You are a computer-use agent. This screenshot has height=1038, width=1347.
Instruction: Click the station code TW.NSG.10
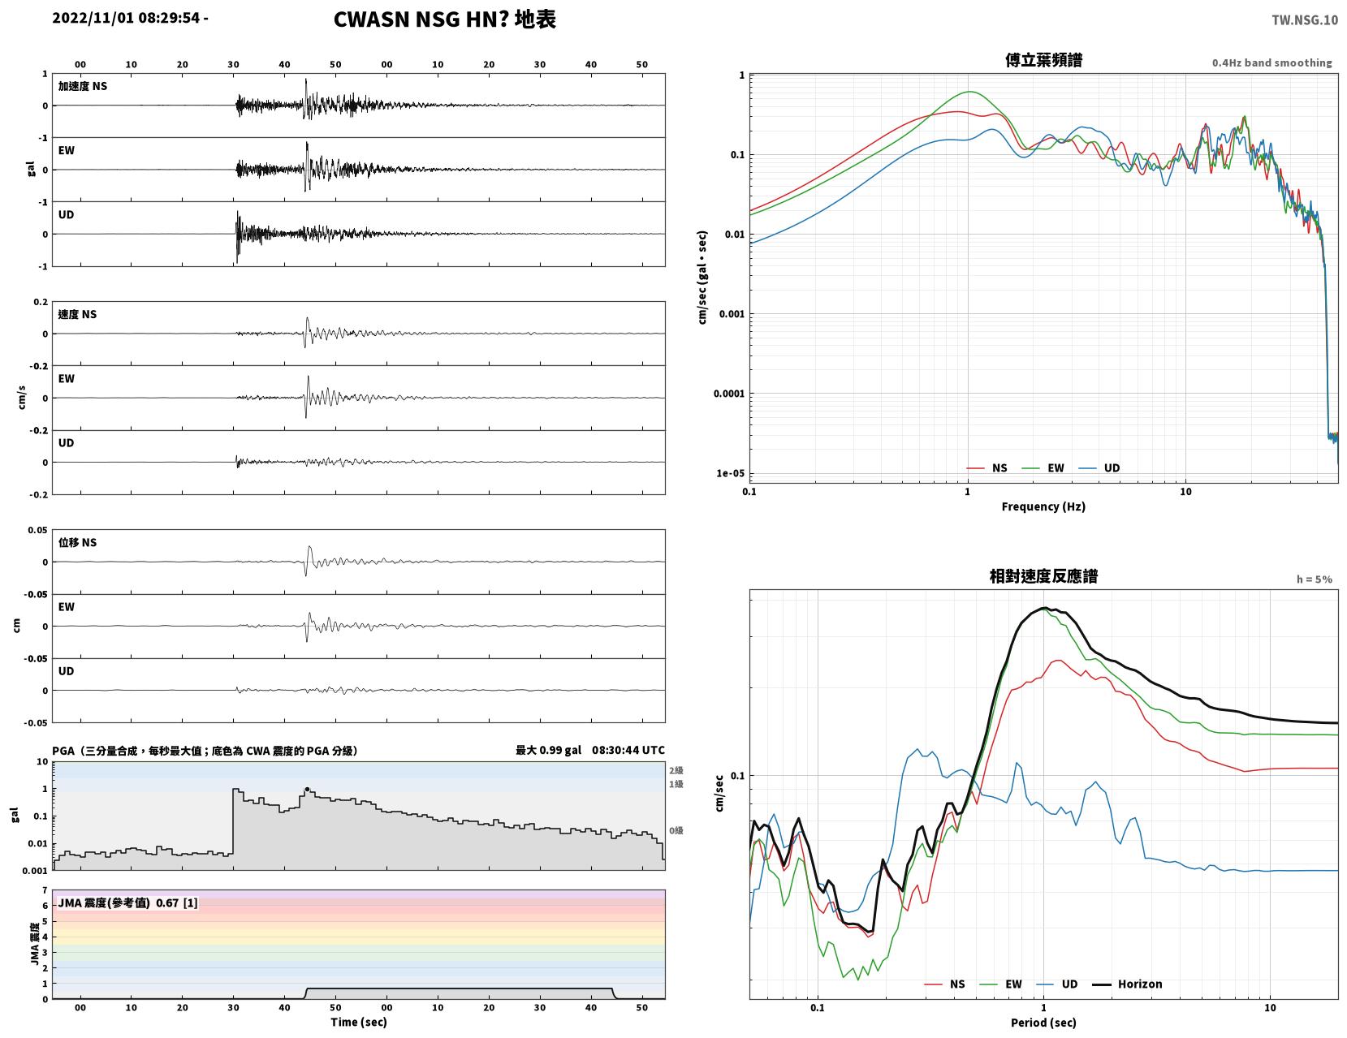(x=1304, y=19)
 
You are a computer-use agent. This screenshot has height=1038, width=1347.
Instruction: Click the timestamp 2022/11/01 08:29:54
(x=126, y=18)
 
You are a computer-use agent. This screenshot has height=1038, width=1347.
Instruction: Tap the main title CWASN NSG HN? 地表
(x=444, y=19)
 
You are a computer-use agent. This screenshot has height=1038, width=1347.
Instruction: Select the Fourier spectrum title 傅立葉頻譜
(x=1043, y=60)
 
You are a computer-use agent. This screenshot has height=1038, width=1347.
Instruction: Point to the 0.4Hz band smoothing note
(x=1271, y=62)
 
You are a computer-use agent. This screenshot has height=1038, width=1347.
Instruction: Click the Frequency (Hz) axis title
(x=1043, y=506)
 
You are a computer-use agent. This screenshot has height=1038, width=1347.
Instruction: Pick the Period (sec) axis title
(x=1043, y=1022)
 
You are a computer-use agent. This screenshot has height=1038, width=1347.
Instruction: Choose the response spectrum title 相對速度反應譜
(x=1043, y=576)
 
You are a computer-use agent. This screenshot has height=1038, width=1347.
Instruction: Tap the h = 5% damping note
(x=1314, y=579)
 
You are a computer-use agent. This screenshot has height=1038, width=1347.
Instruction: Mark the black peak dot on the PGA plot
(x=307, y=789)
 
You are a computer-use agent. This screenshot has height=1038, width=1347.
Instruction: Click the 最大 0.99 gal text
(x=548, y=750)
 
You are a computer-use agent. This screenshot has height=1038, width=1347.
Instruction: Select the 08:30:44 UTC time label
(x=628, y=750)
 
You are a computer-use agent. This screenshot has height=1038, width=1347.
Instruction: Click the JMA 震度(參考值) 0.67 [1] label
(x=127, y=902)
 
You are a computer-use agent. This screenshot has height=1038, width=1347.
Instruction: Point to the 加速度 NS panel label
(x=83, y=86)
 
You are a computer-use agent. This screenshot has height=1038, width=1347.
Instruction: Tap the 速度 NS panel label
(x=77, y=314)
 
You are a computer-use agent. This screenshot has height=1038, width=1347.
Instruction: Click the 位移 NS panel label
(x=77, y=542)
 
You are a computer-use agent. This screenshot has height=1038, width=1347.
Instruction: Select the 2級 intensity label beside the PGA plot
(x=676, y=770)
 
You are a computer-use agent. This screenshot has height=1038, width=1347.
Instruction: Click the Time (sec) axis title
(x=358, y=1021)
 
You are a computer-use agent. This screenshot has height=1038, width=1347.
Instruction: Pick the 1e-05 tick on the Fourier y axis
(x=730, y=473)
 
